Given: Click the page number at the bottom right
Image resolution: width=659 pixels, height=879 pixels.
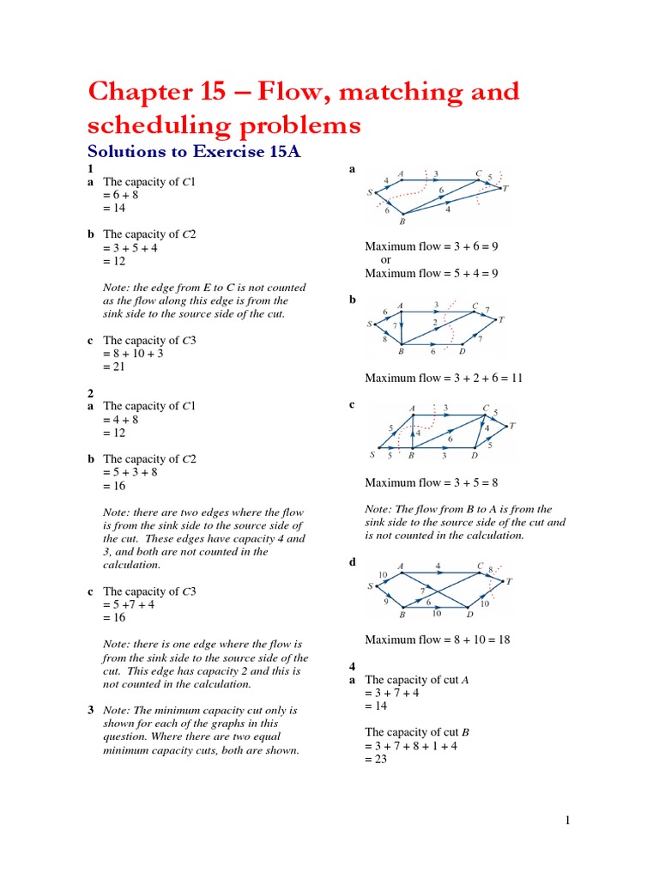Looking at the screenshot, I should pos(567,821).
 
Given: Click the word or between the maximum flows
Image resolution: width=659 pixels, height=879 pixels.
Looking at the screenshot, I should pos(385,260).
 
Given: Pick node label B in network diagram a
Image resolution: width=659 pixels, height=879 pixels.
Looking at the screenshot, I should pos(402,221).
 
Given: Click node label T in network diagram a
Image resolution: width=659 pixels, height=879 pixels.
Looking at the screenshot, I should pos(505,188).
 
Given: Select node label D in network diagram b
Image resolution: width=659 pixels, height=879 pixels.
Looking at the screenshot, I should pos(463,351).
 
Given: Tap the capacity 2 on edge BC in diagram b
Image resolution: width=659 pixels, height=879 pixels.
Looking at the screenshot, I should pos(436,322).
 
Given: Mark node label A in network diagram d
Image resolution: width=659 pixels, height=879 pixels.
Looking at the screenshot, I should pos(402,567).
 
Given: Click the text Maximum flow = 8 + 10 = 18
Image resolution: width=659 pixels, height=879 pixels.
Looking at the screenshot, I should pos(438,640).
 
